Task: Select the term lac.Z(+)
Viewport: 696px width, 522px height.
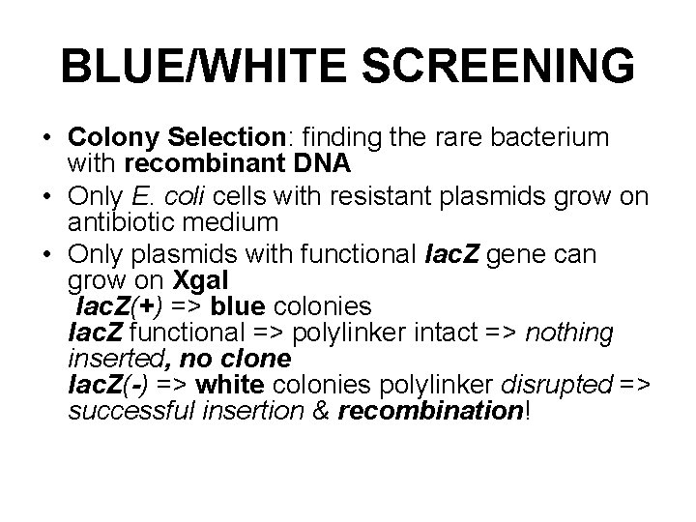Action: click(120, 306)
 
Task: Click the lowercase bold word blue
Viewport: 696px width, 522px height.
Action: click(239, 306)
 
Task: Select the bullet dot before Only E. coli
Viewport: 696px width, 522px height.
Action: click(46, 197)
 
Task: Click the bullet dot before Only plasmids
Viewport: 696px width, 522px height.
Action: click(46, 255)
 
